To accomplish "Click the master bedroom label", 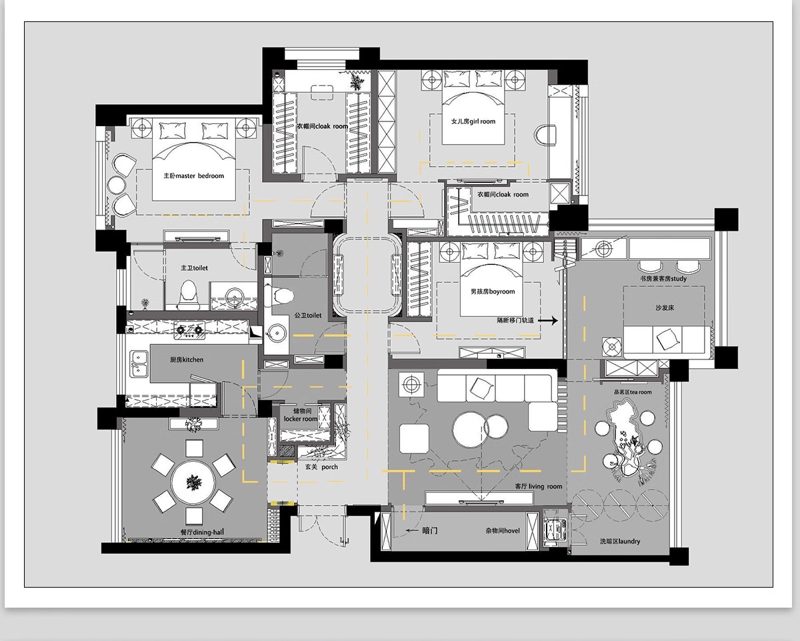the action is pos(194,175).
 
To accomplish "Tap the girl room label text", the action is pos(473,121).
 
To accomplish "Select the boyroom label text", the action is pos(493,291).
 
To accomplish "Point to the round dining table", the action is pos(193,482).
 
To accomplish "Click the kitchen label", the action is pos(187,360).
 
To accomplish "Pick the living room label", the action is pos(538,486).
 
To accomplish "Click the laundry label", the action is pos(620,542).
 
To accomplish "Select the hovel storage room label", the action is pos(503,530).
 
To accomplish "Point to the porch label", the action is pos(321,467).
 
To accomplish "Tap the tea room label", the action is pos(633,392).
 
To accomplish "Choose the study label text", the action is pos(663,278).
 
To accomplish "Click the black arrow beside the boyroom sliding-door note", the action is pos(548,320).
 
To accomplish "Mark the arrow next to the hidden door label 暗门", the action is pos(412,530).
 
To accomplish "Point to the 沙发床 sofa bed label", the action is pos(665,307).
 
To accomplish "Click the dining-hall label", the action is pos(202,532).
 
